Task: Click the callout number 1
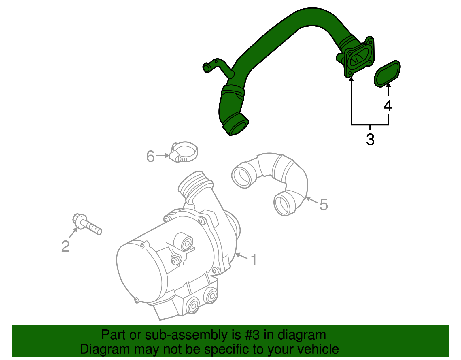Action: coord(254,260)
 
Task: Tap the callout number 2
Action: coord(65,246)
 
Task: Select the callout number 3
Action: coord(370,140)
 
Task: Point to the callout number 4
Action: coord(388,106)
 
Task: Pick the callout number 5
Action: coord(324,205)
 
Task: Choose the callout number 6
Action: coord(150,156)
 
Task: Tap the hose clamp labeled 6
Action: coord(184,152)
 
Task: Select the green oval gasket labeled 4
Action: coord(387,73)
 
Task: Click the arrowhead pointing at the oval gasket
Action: coord(388,86)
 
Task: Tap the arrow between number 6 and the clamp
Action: coord(163,155)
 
